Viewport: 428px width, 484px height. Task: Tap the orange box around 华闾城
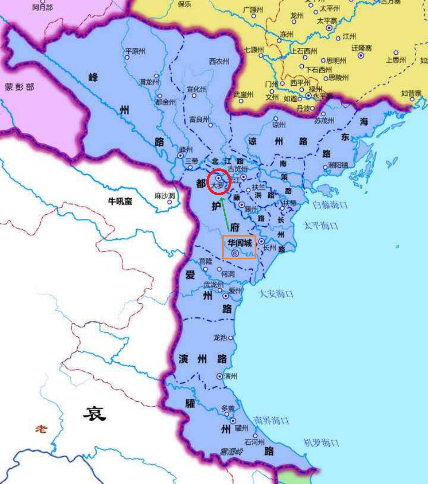(x=239, y=247)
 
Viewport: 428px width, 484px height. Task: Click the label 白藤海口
(x=330, y=206)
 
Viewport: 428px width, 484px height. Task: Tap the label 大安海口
(x=276, y=294)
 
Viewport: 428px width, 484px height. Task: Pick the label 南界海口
(x=271, y=421)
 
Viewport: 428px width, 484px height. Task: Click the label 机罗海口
(x=321, y=443)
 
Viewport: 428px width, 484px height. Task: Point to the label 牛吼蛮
(x=120, y=201)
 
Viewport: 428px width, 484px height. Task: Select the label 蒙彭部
(x=20, y=87)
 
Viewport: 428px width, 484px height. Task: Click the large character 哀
(x=95, y=413)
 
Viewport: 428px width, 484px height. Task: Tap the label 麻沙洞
(x=165, y=196)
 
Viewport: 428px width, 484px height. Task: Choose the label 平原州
(x=135, y=51)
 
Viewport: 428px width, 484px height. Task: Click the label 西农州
(x=219, y=61)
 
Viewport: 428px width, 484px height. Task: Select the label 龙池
(x=220, y=338)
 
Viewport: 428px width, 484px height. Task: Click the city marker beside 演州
(x=220, y=377)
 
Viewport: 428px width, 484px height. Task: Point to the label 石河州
(x=255, y=443)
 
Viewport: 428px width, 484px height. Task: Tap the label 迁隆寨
(x=361, y=48)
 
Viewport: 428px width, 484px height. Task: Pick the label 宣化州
(x=196, y=89)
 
